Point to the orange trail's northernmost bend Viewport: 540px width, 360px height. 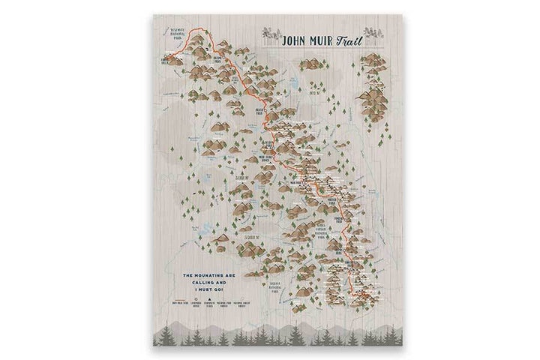point(199,28)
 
